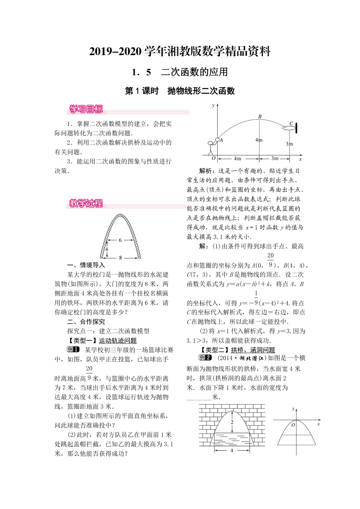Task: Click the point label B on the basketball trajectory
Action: [x=259, y=116]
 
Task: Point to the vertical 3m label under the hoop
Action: [x=289, y=144]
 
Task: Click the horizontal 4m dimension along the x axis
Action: [x=237, y=158]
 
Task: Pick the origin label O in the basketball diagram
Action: [x=213, y=159]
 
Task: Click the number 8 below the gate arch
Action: [x=120, y=257]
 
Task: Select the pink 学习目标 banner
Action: [x=86, y=109]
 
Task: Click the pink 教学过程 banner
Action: [x=86, y=203]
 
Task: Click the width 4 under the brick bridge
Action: [x=232, y=450]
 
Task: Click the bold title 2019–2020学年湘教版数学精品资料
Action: [x=180, y=51]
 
